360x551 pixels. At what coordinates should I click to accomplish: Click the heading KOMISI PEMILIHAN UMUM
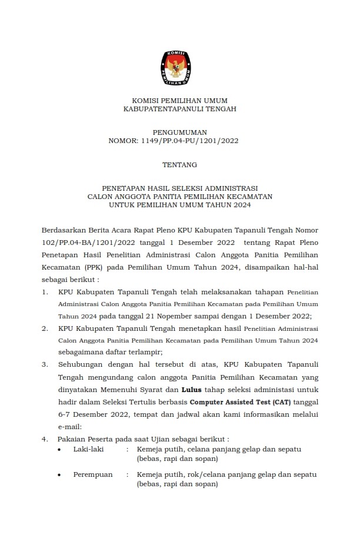coord(179,101)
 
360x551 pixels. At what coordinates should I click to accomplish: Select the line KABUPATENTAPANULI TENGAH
coord(179,109)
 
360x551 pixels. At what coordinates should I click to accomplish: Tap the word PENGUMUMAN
coord(179,132)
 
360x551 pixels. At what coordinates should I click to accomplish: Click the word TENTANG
coord(179,165)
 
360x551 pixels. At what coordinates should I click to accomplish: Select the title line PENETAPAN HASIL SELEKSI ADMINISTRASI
coord(179,188)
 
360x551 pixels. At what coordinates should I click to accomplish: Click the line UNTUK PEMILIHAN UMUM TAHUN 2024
coord(179,205)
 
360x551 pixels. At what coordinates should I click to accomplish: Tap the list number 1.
coord(45,291)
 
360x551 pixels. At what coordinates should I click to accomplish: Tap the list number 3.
coord(45,364)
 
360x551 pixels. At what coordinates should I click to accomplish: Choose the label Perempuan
coord(92,474)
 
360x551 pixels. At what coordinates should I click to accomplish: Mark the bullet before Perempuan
coord(61,475)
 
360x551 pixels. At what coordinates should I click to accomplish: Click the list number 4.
coord(45,439)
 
